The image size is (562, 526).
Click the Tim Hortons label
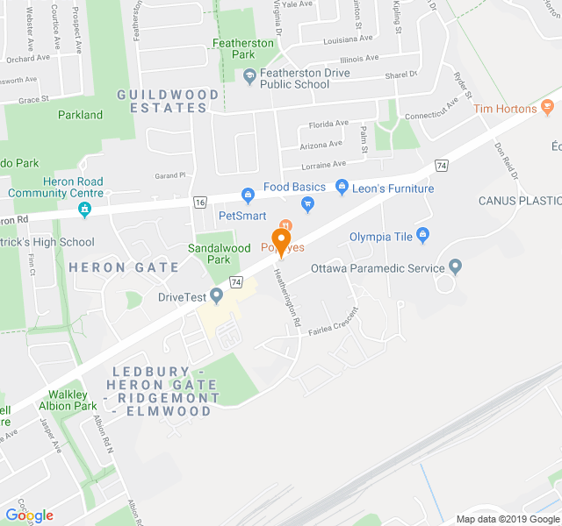504,109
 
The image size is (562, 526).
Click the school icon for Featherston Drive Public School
249,77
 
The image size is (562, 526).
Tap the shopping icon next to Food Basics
249,188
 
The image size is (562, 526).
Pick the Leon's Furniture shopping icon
342,188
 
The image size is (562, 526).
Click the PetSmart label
242,215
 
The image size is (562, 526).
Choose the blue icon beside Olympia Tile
423,234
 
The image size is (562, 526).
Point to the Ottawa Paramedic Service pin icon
455,266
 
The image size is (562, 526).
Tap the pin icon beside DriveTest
216,295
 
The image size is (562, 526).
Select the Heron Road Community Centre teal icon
84,210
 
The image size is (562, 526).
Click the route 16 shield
201,203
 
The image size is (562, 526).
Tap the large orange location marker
282,239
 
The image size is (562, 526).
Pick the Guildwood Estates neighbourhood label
162,101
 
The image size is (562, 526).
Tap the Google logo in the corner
29,515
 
